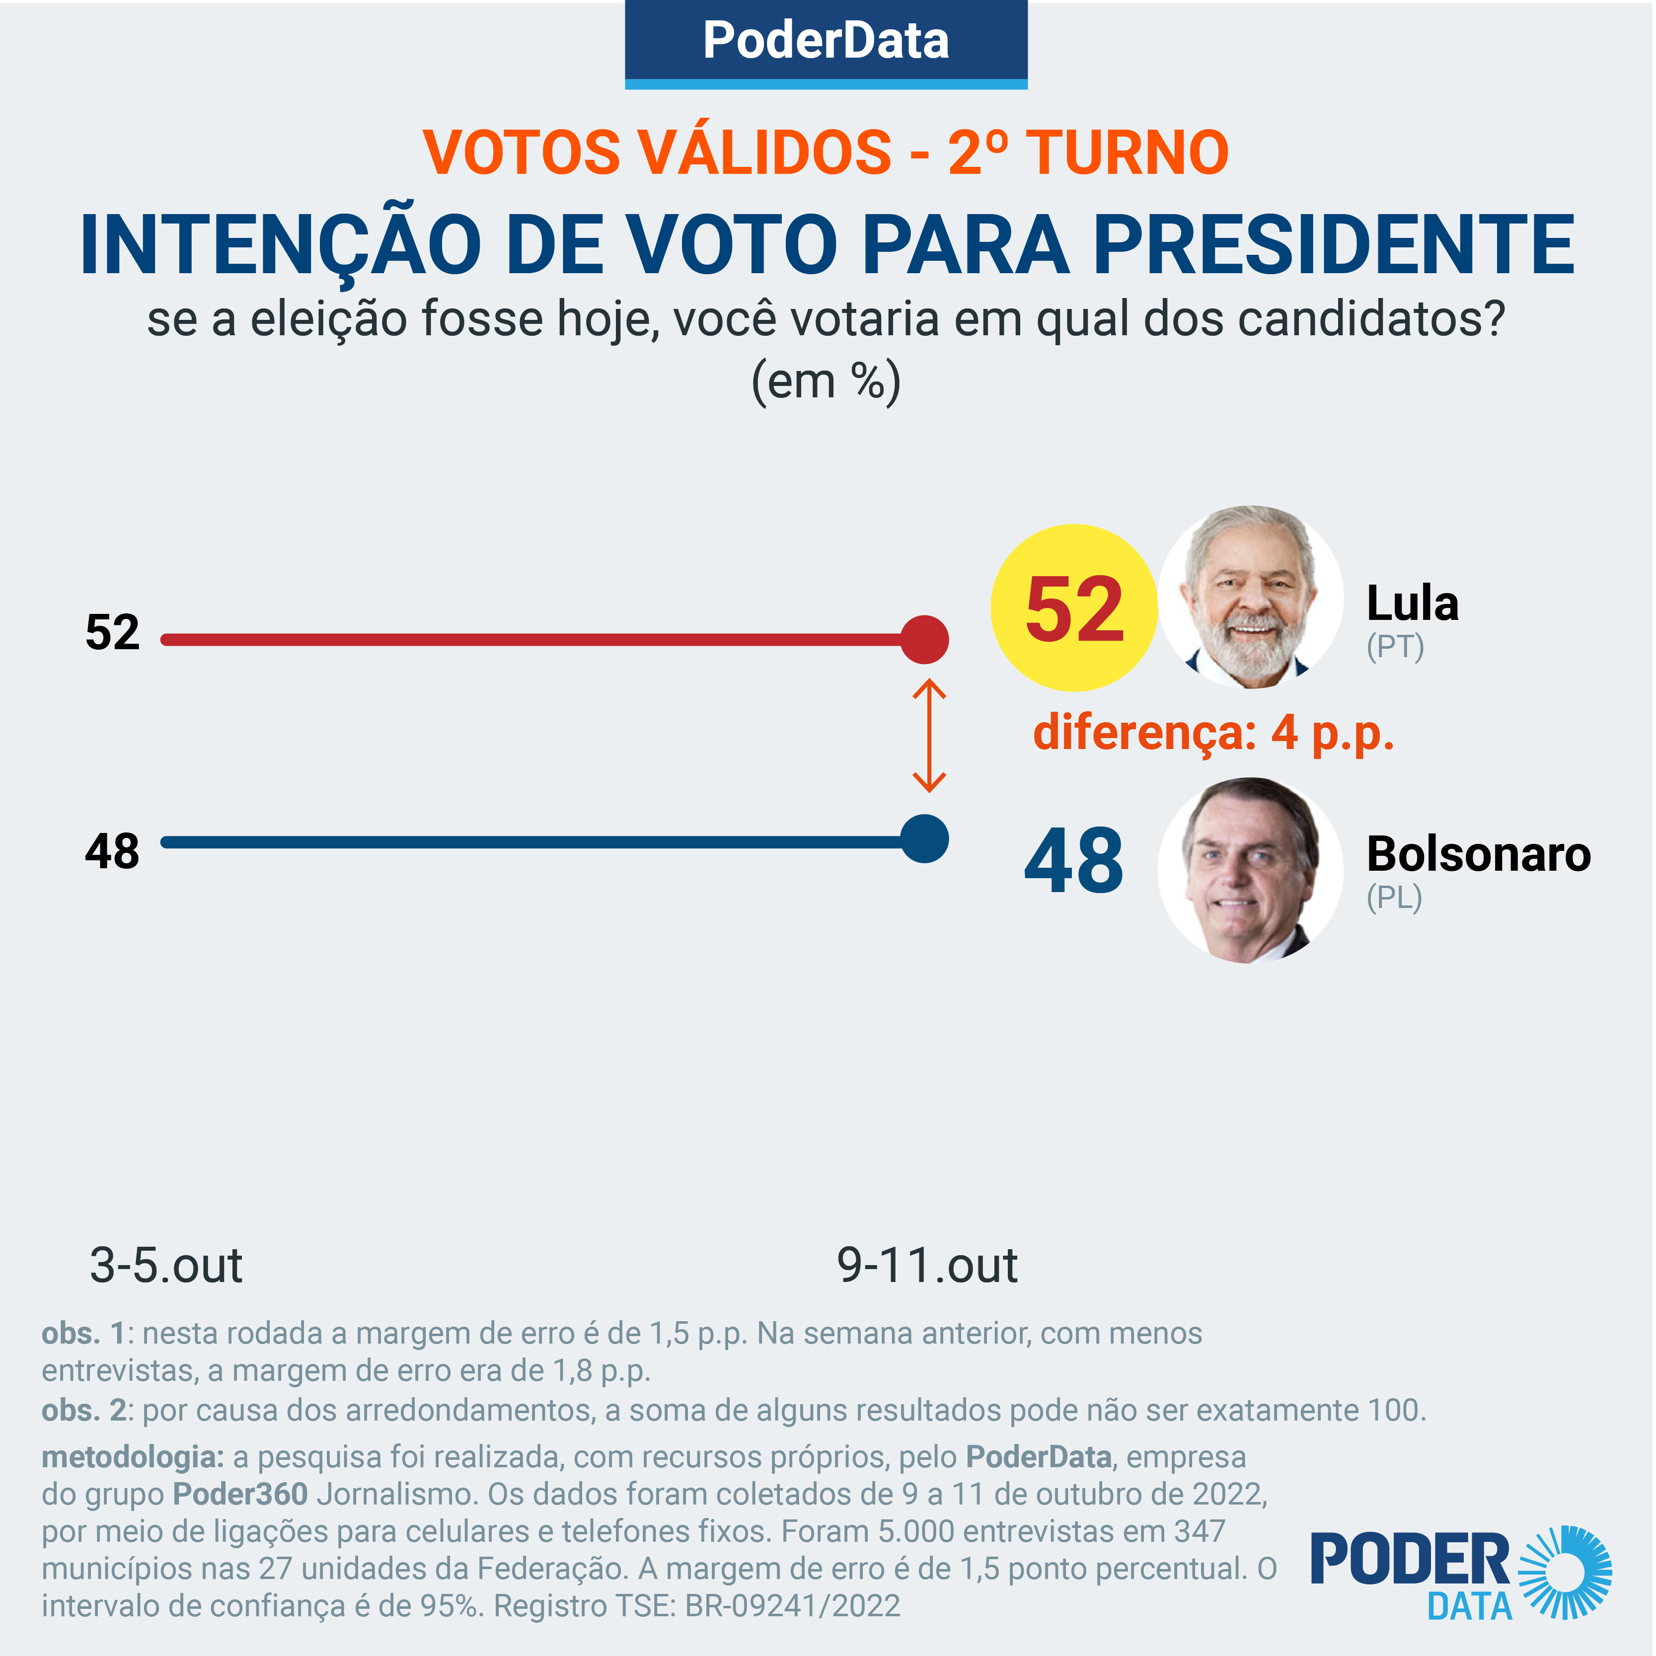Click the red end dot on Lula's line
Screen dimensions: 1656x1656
925,639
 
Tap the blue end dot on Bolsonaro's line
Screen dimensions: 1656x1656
925,839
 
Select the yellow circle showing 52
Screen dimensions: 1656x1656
1074,608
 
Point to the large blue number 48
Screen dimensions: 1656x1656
1074,861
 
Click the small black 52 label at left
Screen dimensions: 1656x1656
112,633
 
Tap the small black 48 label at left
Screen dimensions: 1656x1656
112,852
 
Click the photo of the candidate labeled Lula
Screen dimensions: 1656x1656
1251,598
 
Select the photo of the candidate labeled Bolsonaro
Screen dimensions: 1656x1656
1251,870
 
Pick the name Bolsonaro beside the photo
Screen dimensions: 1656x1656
1479,854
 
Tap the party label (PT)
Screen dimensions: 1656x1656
1395,647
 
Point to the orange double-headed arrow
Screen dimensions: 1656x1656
929,736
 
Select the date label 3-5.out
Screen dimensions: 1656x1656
166,1265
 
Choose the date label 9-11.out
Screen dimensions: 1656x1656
927,1265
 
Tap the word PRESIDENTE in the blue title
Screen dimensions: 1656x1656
1335,245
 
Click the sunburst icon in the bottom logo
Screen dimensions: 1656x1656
1565,1573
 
